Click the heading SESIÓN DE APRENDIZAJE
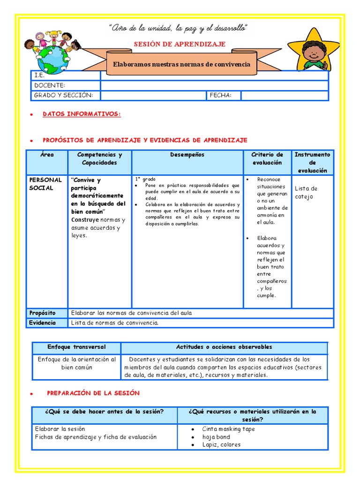[x=180, y=44]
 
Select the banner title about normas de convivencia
[x=181, y=64]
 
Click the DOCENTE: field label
[x=49, y=85]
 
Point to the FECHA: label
[x=220, y=95]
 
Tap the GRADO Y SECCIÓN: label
[x=63, y=95]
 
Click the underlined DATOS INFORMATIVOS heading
[x=82, y=114]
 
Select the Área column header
[x=47, y=155]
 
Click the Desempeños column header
[x=187, y=155]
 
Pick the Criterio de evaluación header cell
[x=267, y=158]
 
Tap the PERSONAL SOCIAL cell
[x=45, y=184]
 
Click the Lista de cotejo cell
[x=306, y=192]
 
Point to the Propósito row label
[x=42, y=313]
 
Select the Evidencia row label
[x=42, y=322]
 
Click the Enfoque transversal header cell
[x=76, y=347]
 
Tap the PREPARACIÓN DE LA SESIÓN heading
[x=93, y=393]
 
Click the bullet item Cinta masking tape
[x=228, y=429]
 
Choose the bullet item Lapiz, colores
[x=221, y=445]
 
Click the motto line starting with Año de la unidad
[x=178, y=29]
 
